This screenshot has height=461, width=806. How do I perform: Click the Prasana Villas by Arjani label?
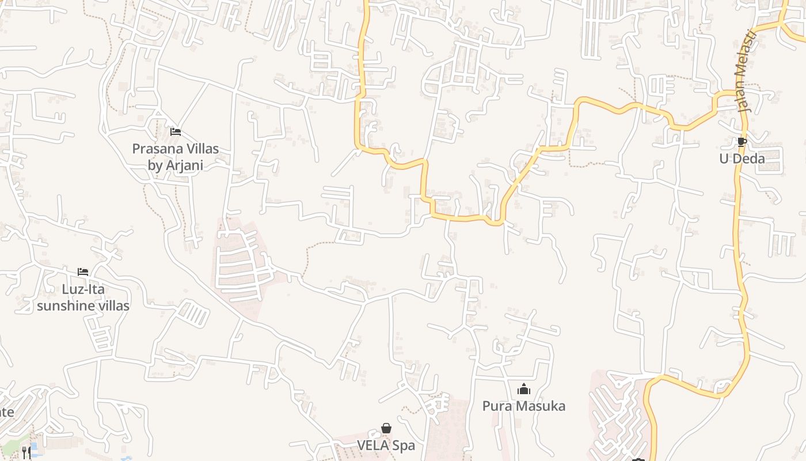(175, 157)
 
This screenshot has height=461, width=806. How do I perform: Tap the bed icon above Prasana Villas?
(176, 132)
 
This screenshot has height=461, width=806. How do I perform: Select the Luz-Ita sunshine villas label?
(83, 297)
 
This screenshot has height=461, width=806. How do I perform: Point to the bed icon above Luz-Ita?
(83, 272)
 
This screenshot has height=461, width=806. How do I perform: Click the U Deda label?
(742, 158)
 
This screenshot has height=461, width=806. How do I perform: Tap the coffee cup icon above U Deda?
(742, 142)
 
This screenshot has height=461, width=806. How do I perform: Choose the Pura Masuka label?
(523, 406)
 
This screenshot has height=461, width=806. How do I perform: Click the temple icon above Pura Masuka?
(523, 390)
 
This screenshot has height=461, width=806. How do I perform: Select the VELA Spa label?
(386, 445)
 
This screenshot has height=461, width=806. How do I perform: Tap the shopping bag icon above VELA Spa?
(386, 429)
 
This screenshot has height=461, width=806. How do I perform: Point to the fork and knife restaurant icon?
(26, 452)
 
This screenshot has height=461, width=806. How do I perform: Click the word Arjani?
(184, 165)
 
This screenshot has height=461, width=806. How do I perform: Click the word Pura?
(496, 406)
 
